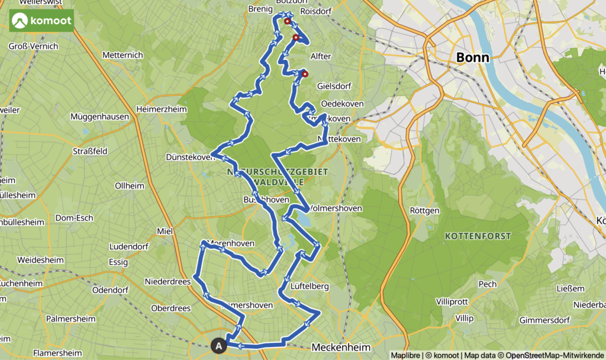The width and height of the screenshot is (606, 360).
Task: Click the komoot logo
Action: tap(41, 21)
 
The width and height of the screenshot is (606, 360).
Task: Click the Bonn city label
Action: tap(473, 58)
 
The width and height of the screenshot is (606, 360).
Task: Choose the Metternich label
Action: tap(123, 55)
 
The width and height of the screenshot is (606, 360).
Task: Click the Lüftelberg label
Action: tap(310, 287)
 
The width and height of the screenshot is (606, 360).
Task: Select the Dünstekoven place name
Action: tap(189, 157)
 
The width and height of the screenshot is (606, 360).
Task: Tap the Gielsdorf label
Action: tap(334, 86)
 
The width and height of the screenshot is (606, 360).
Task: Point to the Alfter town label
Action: tap(320, 56)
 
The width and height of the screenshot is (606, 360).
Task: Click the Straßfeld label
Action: tap(90, 151)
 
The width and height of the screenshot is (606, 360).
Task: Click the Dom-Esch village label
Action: tap(74, 218)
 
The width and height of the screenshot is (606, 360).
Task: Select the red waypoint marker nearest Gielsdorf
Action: tap(305, 74)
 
